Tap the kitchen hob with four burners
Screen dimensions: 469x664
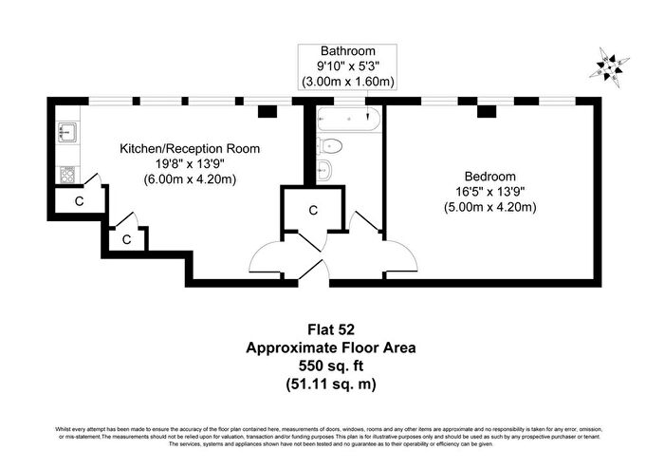click(68, 174)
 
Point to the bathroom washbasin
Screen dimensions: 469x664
click(324, 169)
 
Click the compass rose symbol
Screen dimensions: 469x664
click(609, 66)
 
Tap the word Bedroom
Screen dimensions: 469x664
click(490, 176)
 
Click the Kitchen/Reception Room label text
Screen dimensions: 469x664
click(190, 149)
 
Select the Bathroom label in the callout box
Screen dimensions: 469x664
click(347, 50)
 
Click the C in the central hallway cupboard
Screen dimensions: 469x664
click(314, 211)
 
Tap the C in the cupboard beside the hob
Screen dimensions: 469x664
click(80, 201)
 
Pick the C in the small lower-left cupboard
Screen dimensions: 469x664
click(126, 240)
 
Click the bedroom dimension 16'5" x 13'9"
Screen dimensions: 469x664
click(490, 192)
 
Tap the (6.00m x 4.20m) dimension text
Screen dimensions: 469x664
click(190, 179)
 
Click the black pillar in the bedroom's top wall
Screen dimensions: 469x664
click(488, 112)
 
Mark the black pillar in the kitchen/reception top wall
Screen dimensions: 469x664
click(267, 112)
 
